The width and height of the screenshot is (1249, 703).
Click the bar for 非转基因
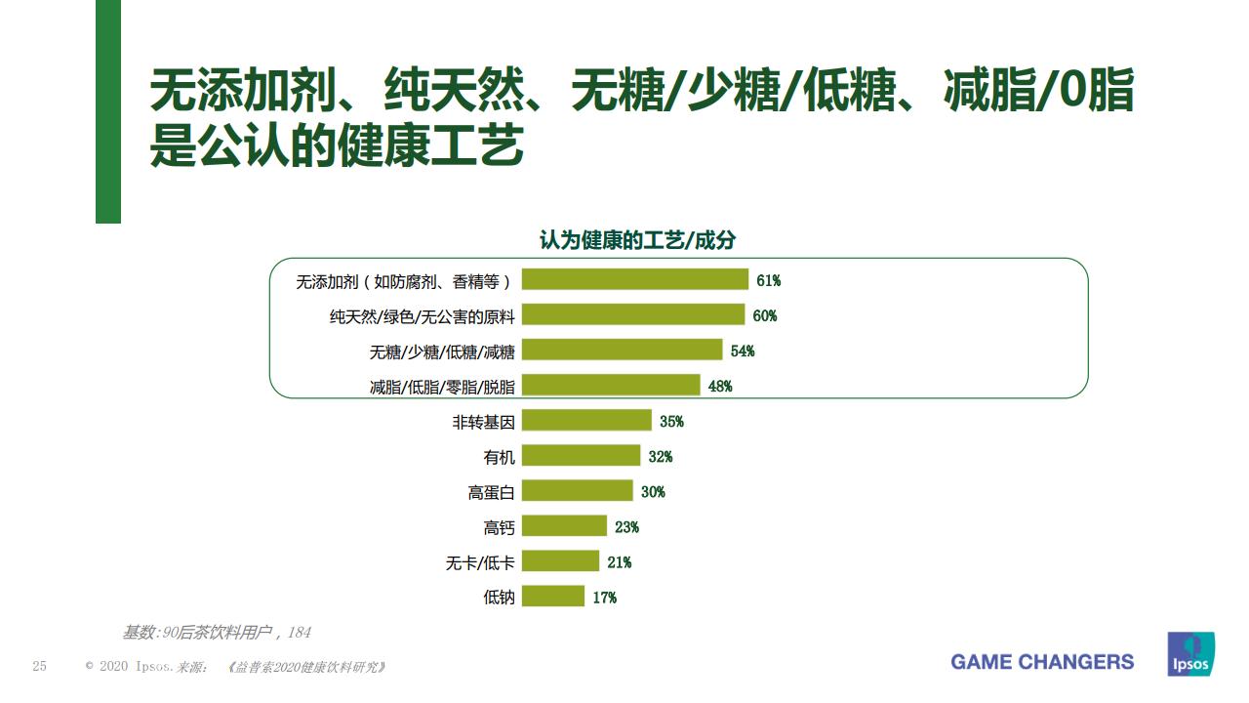click(586, 421)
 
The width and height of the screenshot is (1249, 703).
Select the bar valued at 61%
click(635, 280)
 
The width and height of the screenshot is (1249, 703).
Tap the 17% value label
click(605, 598)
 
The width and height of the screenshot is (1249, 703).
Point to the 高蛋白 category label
click(491, 492)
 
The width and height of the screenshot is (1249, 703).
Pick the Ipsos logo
click(1190, 653)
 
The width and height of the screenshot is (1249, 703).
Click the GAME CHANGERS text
click(1042, 662)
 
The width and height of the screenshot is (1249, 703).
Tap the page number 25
click(40, 666)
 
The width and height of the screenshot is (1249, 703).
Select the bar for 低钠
click(553, 597)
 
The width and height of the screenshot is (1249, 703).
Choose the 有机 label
click(499, 457)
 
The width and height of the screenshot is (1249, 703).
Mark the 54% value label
click(743, 351)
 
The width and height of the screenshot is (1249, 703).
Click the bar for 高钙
click(564, 526)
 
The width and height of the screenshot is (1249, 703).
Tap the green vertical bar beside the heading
click(108, 111)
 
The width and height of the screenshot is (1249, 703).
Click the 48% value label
click(720, 387)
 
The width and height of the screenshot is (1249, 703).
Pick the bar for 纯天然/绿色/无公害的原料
click(633, 315)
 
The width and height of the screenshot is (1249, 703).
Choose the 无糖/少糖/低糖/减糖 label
click(441, 351)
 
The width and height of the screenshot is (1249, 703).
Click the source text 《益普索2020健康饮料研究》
click(306, 667)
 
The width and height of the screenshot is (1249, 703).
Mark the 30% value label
click(653, 492)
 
